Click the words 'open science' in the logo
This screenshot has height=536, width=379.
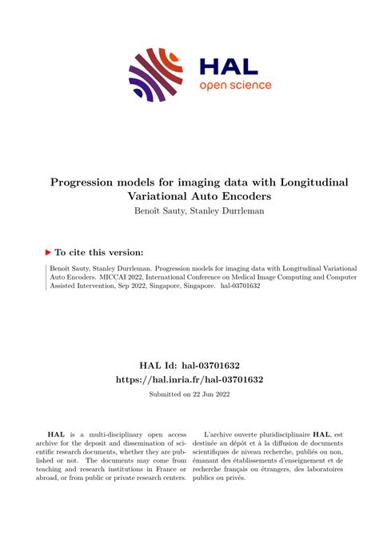click(235, 86)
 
